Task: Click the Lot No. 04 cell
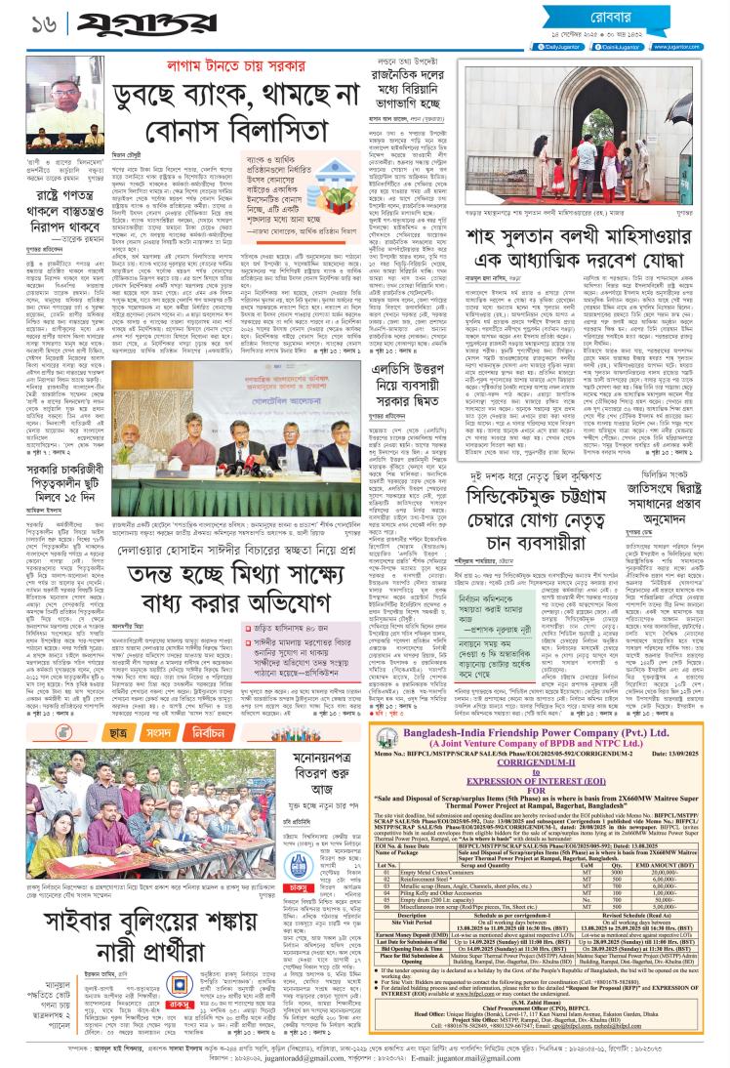pos(387,891)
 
